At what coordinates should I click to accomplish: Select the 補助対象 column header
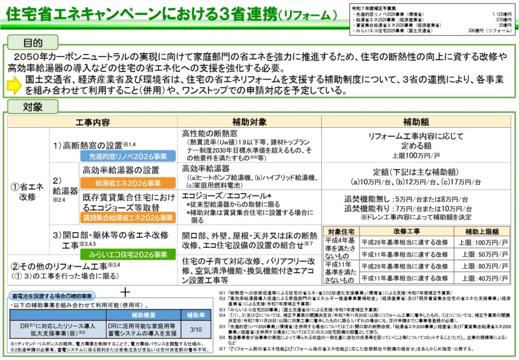pos(249,122)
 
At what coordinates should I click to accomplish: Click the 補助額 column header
pos(417,122)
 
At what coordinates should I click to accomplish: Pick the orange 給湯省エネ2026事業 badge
pos(128,183)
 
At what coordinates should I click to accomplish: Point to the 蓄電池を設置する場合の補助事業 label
pos(53,295)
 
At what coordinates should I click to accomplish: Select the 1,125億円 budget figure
pos(501,15)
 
